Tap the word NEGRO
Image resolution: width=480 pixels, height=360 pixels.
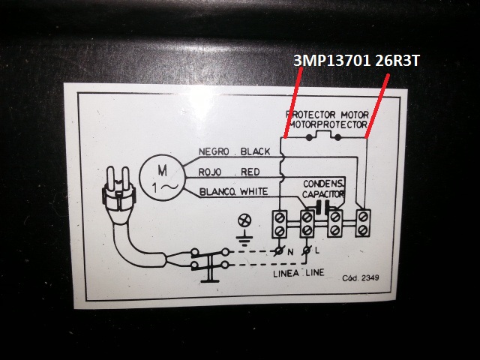coord(213,152)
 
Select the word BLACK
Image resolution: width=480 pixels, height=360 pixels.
coord(255,152)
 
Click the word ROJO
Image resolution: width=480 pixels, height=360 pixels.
coord(209,172)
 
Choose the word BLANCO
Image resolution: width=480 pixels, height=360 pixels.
coord(216,193)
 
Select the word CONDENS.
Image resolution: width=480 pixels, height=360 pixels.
coord(323,184)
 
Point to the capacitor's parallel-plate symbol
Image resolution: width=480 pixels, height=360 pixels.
coord(325,208)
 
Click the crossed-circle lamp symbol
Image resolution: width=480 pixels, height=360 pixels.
coord(242,221)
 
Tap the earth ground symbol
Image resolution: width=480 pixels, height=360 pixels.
coord(242,241)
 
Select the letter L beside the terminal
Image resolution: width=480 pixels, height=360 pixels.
coord(318,250)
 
